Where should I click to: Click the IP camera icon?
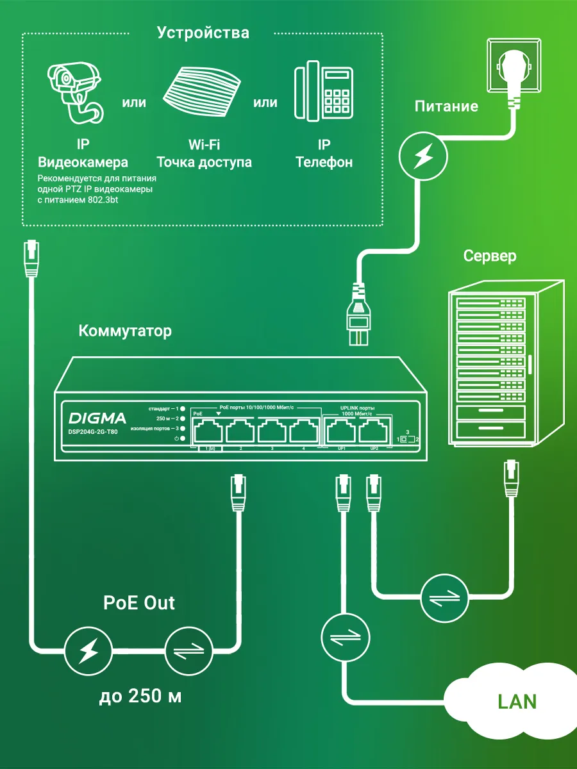click(x=75, y=93)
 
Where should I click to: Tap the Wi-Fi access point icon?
click(x=202, y=92)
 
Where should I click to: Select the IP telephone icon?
click(x=324, y=91)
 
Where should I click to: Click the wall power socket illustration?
click(x=514, y=66)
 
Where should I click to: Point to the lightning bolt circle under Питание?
click(x=423, y=156)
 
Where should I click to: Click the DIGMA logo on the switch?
click(x=97, y=418)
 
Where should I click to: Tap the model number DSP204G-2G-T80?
click(x=93, y=432)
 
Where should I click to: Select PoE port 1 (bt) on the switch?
click(x=208, y=431)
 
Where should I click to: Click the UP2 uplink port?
click(x=374, y=431)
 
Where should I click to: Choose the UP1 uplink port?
click(x=341, y=431)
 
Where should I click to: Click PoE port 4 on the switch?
click(x=304, y=431)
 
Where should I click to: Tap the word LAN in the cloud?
click(x=517, y=702)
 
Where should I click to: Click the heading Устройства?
click(x=203, y=33)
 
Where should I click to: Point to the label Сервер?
click(x=489, y=256)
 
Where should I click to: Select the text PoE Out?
click(x=138, y=602)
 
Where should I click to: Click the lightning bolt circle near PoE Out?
click(x=88, y=651)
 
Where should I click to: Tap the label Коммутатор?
click(x=125, y=331)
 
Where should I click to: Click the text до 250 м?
click(x=140, y=696)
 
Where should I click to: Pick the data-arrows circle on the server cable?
click(x=444, y=598)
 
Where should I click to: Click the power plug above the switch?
click(x=358, y=314)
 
